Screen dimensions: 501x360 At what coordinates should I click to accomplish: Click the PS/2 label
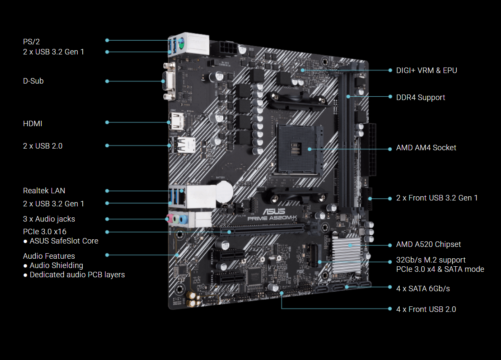tap(31, 41)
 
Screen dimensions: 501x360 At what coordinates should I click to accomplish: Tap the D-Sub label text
tap(33, 81)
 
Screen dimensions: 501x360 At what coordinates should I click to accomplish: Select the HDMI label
tap(32, 123)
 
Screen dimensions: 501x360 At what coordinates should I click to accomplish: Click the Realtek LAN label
tap(44, 190)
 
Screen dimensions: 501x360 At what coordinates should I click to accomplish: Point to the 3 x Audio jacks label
tap(49, 219)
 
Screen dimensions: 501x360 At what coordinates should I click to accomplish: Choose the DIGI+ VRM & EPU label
tap(427, 70)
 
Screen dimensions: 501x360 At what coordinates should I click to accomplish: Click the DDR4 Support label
tap(420, 97)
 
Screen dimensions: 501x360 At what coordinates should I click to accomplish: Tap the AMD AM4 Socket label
tap(426, 148)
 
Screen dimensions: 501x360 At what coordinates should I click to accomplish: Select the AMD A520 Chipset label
tap(428, 244)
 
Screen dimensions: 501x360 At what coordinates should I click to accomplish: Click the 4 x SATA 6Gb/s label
tap(423, 288)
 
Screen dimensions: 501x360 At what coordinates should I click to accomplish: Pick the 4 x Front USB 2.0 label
tap(426, 309)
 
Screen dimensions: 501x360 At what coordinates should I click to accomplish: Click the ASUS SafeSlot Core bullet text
tap(64, 241)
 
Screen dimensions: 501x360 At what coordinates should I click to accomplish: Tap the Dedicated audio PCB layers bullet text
tap(77, 275)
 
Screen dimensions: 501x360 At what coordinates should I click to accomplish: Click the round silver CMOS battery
tap(225, 191)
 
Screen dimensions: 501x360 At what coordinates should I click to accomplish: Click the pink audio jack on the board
tap(170, 219)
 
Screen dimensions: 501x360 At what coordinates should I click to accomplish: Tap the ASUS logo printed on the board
tap(274, 211)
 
